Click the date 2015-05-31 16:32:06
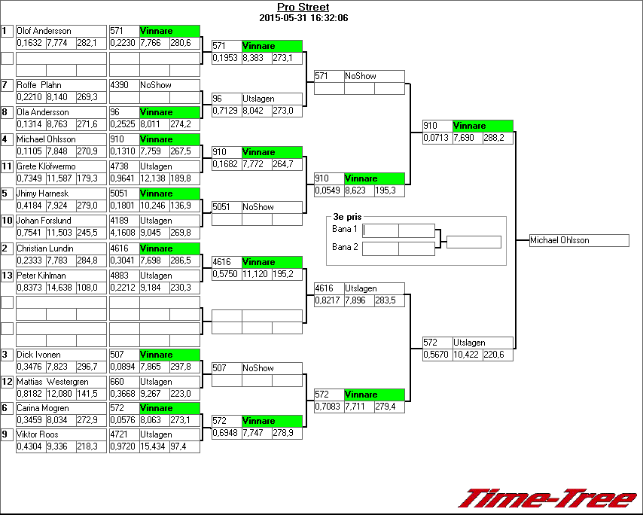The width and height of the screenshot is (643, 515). point(303,17)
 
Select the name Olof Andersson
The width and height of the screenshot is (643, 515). point(44,31)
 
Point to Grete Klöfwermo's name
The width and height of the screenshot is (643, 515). point(46,166)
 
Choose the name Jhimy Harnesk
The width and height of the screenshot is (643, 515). point(44,194)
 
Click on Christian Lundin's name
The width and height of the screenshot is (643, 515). point(45,248)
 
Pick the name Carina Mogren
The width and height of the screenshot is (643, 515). point(43,408)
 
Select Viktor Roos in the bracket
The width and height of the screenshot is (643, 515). point(38,434)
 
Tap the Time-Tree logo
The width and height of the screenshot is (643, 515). point(548,498)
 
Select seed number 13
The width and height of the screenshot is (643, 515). point(8,276)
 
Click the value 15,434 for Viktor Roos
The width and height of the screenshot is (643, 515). point(153,447)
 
